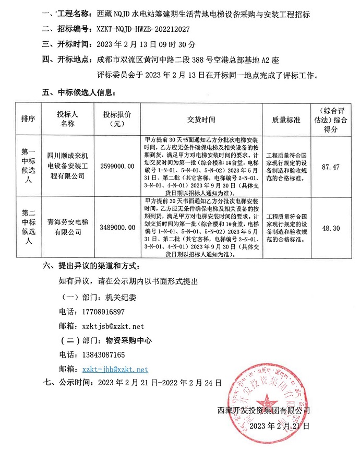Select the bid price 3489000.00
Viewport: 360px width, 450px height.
pos(117,228)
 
